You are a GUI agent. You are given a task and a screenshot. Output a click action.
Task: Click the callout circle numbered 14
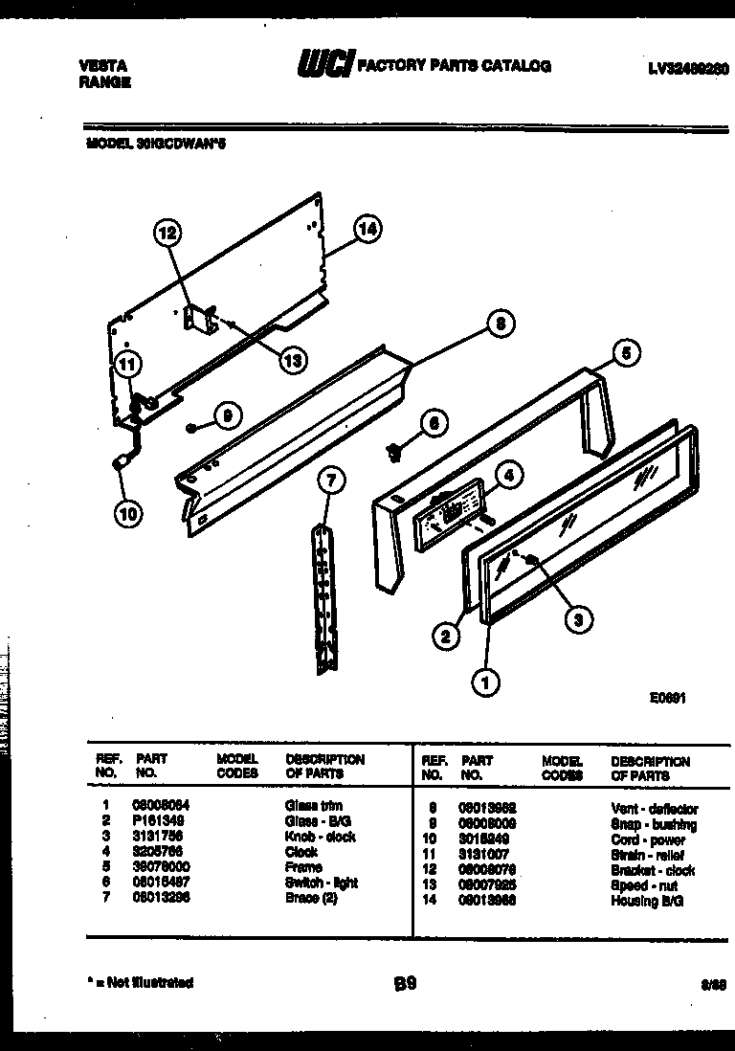pos(367,229)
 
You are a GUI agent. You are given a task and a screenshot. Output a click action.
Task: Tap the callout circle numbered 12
pos(167,232)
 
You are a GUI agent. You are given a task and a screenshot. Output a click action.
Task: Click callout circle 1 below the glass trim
pos(486,682)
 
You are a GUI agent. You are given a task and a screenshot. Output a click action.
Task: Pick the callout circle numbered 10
pos(127,514)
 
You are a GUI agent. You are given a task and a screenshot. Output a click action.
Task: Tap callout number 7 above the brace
pos(330,481)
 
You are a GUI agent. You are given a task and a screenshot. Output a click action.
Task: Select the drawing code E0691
pos(667,699)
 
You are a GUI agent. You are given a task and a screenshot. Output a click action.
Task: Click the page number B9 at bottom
pos(405,983)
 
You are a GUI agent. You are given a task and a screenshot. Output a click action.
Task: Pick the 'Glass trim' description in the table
pos(313,806)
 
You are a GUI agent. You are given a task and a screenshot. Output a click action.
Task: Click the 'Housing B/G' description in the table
pos(647,901)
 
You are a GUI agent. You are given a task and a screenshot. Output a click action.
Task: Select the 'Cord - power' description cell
pos(648,839)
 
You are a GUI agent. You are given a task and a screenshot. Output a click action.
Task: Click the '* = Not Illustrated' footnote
pos(140,982)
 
